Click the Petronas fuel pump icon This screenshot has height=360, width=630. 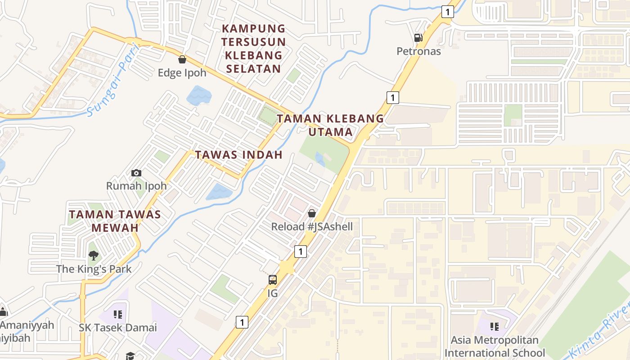[x=418, y=38]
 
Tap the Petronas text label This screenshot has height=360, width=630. [x=418, y=51]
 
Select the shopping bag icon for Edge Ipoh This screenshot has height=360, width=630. [x=182, y=59]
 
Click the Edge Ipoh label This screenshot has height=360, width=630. [x=182, y=73]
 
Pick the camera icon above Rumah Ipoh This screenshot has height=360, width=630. [x=136, y=173]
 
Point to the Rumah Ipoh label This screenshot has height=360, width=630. [x=136, y=186]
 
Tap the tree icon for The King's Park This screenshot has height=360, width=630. [x=94, y=256]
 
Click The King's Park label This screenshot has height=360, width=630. [x=94, y=269]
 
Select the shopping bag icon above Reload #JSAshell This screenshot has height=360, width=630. [x=312, y=213]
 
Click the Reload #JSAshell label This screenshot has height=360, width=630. [x=312, y=227]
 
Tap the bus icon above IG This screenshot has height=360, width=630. [x=273, y=280]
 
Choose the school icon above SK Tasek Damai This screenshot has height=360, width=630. [x=118, y=315]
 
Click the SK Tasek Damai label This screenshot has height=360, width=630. [x=118, y=328]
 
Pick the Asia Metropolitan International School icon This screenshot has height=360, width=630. [x=495, y=327]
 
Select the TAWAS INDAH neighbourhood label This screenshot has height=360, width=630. [x=238, y=155]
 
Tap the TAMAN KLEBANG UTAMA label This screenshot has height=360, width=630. [x=330, y=126]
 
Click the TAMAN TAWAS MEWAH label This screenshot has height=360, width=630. [x=115, y=221]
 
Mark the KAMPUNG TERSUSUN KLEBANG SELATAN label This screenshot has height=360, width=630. [x=254, y=49]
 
